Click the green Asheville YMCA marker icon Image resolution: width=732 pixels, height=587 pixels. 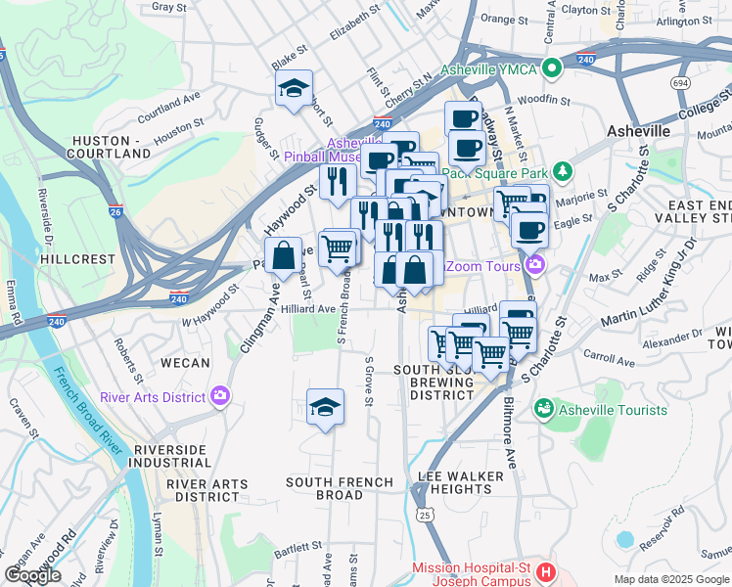[551, 68]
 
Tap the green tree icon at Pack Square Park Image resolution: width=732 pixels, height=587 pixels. [562, 173]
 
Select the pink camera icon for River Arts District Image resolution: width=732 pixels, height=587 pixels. [220, 396]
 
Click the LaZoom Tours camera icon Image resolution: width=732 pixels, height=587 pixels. [534, 264]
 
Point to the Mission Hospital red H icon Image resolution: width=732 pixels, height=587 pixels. [547, 569]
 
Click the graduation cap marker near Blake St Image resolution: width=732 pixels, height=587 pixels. [294, 89]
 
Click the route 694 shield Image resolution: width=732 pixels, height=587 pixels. [679, 83]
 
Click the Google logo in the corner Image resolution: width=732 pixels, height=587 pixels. [32, 575]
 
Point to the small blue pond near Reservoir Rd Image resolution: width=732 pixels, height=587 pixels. [624, 539]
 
